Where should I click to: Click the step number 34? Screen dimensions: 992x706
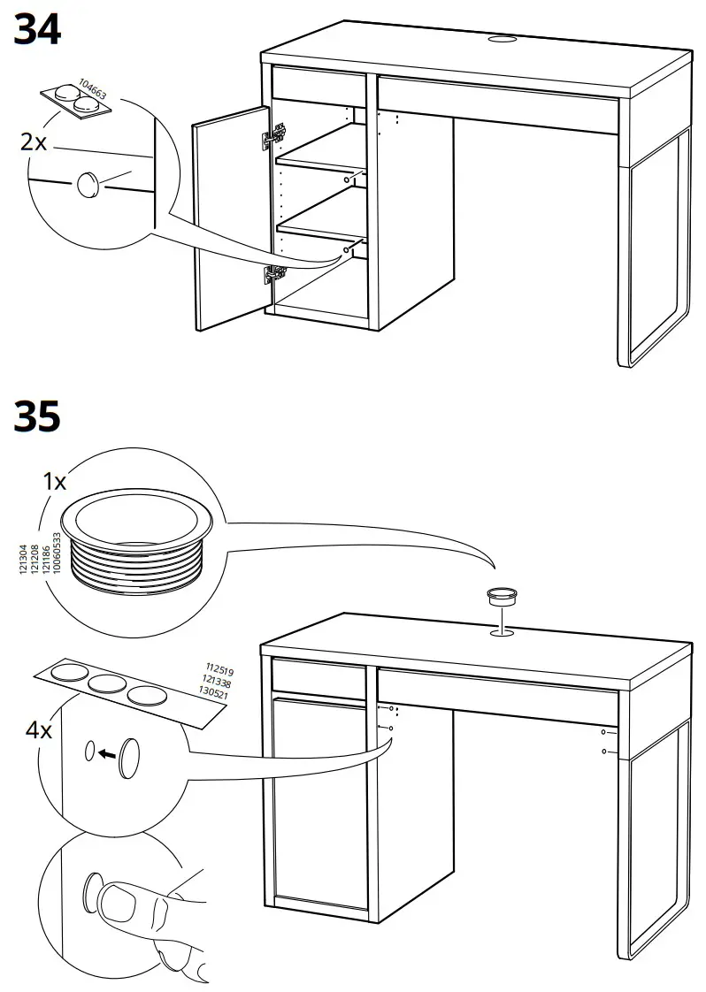(x=37, y=30)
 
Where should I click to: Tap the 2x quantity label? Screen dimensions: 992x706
(x=34, y=141)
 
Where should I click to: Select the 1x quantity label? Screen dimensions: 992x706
(x=55, y=482)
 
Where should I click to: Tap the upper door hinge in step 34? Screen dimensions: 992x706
(x=275, y=135)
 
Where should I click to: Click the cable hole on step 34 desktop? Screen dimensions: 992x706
(x=502, y=40)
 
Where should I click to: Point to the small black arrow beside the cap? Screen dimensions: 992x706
(x=108, y=754)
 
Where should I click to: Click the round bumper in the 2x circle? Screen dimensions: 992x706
(x=88, y=184)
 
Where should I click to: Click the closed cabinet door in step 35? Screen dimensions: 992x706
(x=318, y=800)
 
